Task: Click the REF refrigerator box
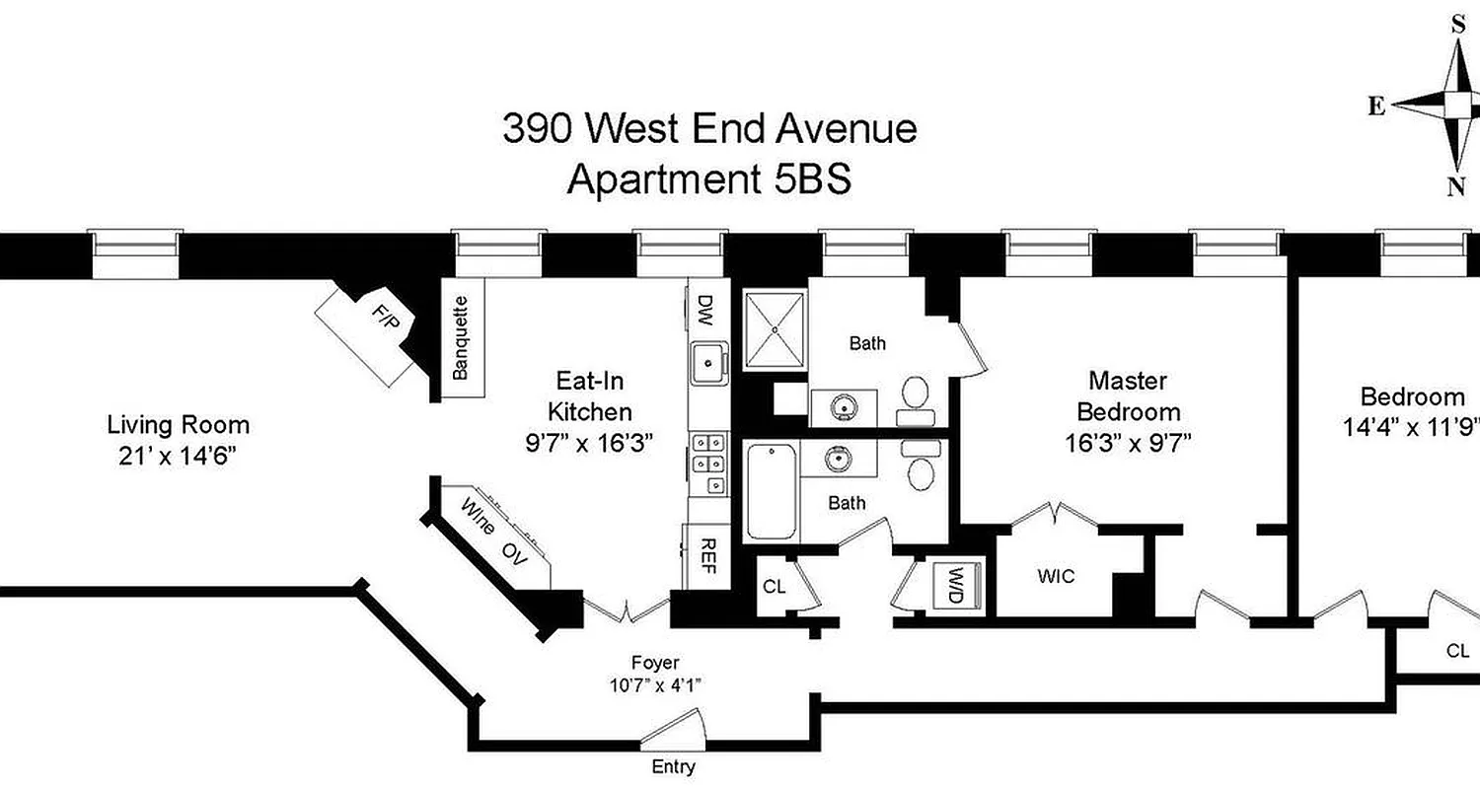(706, 558)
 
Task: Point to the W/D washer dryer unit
(954, 584)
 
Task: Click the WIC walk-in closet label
(1056, 576)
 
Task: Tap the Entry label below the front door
(673, 766)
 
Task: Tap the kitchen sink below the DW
(707, 361)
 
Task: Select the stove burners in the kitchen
(707, 464)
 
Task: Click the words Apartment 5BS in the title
(709, 179)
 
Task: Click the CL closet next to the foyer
(775, 586)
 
